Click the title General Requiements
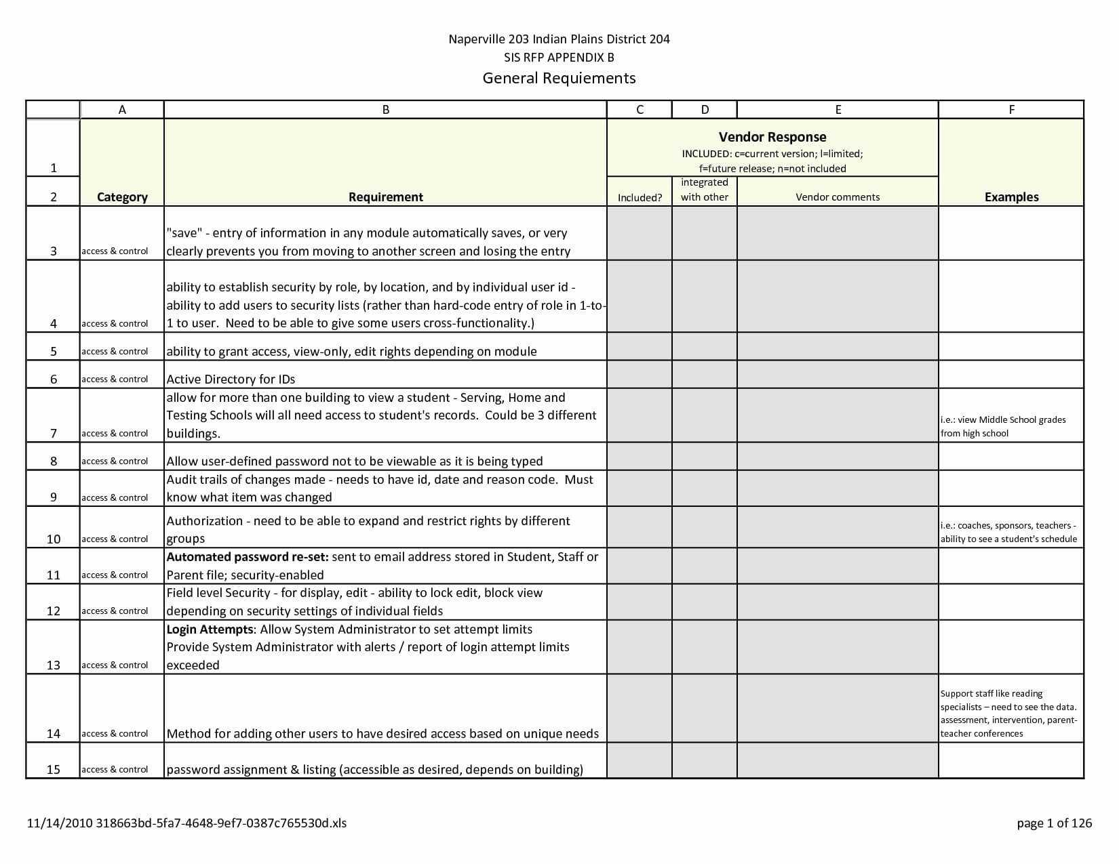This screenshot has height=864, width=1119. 559,78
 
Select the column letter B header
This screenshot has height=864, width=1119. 385,110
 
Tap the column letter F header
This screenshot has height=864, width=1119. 1011,110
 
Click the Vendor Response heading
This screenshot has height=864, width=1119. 772,137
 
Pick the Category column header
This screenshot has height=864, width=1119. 122,197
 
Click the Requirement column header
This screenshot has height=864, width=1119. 385,197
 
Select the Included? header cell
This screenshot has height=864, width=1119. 640,198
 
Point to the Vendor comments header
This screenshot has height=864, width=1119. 838,197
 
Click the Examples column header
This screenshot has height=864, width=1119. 1011,197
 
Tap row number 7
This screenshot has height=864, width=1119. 54,434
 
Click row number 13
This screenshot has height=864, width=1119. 54,665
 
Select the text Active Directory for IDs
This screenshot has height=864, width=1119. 231,379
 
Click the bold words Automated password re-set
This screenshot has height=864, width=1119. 248,557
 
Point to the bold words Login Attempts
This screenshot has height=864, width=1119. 210,630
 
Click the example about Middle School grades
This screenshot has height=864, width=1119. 1003,426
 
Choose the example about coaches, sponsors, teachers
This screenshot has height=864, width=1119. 1008,532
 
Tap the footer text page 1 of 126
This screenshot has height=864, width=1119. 1054,823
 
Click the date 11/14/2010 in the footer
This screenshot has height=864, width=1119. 60,823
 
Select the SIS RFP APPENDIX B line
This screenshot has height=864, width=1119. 559,58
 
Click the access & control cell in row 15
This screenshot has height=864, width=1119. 115,770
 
